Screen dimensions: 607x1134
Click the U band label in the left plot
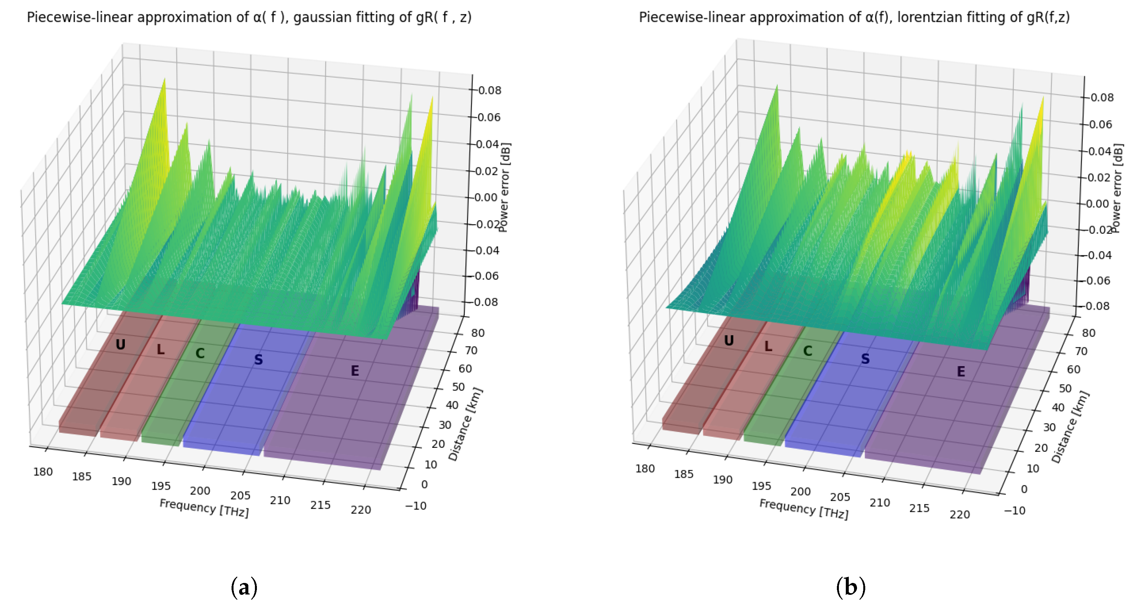click(120, 344)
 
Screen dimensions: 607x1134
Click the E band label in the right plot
click(961, 371)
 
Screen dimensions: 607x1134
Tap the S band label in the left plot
click(259, 360)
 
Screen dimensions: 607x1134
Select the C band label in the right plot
click(807, 351)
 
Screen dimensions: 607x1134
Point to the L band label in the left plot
click(161, 350)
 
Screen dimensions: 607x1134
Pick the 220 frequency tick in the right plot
click(960, 514)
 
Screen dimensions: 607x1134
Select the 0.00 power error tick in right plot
click(1097, 204)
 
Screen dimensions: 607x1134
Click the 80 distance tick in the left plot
click(478, 333)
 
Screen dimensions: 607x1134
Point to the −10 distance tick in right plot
click(1014, 510)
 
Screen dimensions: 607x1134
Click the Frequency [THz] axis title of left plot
click(204, 508)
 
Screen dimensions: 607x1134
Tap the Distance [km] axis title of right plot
click(1070, 426)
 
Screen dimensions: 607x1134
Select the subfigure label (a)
click(244, 587)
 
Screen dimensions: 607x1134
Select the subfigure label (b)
click(850, 587)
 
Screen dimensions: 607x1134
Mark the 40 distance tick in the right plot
click(1058, 407)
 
